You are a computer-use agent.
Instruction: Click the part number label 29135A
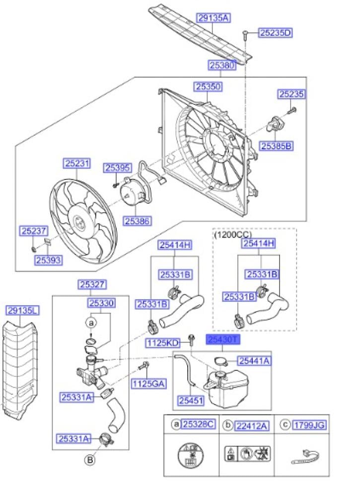pos(213,18)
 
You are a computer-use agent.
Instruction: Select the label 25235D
pos(275,33)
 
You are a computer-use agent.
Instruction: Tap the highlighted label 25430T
pos(223,339)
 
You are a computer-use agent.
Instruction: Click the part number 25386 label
pos(137,221)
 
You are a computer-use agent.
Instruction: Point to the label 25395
pos(117,167)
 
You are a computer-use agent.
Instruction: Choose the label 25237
pos(34,231)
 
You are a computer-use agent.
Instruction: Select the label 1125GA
pos(148,384)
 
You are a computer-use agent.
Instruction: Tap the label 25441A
pos(254,361)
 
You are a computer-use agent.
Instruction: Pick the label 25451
pos(191,401)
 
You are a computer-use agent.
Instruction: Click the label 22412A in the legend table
pos(251,426)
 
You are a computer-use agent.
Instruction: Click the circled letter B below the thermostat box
pos(90,459)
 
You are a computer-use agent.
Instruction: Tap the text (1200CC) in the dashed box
pos(233,235)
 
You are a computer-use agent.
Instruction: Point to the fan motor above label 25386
pos(134,192)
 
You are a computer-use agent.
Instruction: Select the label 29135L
pos(22,310)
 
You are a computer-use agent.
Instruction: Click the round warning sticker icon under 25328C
pos(191,455)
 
